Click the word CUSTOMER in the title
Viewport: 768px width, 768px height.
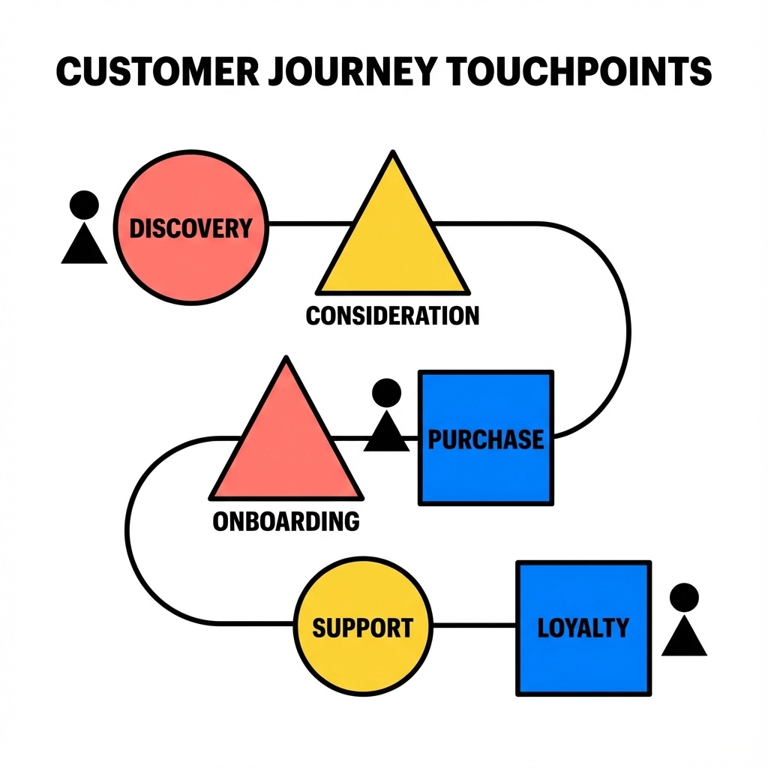point(157,73)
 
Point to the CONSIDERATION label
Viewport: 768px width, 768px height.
point(392,315)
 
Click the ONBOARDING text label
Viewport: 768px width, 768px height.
point(286,520)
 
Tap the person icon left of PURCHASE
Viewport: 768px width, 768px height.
point(387,416)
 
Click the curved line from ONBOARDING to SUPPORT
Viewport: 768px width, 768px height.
point(129,532)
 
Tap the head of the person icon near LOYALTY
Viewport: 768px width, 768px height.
point(684,598)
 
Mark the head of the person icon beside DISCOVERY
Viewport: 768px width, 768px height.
point(84,204)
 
